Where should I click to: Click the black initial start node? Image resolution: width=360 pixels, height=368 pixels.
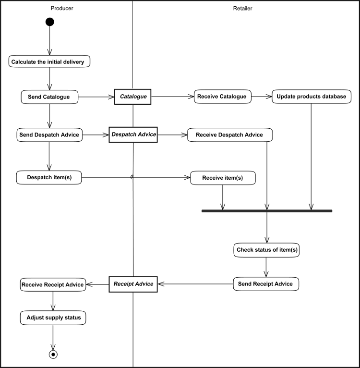click(x=49, y=22)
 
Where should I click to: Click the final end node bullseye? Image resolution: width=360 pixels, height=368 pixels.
click(x=53, y=355)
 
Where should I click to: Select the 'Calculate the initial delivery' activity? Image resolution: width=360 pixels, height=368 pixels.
click(x=49, y=61)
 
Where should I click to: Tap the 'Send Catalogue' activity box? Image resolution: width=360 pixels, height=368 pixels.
click(x=49, y=97)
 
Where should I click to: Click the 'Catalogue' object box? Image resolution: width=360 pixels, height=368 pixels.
click(x=133, y=97)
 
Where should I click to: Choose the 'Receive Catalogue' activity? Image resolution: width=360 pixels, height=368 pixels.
click(x=222, y=97)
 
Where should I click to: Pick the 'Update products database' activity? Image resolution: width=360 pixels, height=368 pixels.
click(x=311, y=97)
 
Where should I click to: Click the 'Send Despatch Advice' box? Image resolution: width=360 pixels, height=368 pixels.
click(x=49, y=135)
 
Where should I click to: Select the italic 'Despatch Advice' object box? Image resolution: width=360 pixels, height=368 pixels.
click(x=133, y=135)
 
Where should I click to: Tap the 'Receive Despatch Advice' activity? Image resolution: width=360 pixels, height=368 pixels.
click(x=230, y=135)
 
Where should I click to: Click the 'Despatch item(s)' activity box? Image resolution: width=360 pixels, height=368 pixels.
click(x=49, y=177)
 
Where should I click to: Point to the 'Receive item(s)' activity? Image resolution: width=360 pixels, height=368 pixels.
click(x=222, y=178)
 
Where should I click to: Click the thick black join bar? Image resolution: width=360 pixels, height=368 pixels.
click(x=267, y=211)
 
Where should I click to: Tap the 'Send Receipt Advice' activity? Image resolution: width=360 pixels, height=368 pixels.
click(x=266, y=284)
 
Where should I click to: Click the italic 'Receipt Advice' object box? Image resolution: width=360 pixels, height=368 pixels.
click(x=133, y=284)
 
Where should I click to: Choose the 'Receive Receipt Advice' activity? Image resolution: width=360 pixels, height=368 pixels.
click(x=53, y=284)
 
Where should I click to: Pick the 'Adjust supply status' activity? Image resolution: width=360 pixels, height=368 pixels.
click(x=53, y=318)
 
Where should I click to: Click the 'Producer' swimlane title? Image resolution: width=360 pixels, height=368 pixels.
click(x=62, y=8)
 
